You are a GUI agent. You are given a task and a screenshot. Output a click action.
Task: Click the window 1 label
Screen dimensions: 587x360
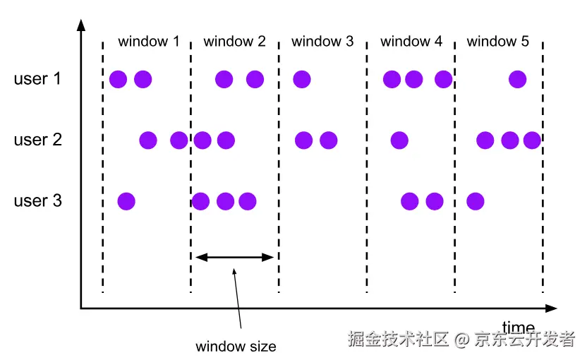tap(148, 41)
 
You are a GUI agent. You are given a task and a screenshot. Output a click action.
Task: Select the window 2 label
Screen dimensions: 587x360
tap(234, 41)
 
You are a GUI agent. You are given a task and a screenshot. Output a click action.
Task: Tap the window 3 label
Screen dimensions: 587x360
tap(322, 41)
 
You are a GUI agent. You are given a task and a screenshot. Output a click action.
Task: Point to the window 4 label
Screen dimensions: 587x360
tap(411, 41)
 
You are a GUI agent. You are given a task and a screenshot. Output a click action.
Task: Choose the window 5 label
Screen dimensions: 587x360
tap(497, 41)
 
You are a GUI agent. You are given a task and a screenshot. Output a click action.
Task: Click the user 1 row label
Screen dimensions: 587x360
tap(37, 78)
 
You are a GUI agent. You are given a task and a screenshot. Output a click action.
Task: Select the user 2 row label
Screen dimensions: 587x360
tap(37, 140)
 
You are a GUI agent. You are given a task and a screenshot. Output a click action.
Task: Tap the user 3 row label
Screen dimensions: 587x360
tap(37, 201)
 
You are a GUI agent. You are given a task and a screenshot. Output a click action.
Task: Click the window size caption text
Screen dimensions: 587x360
tap(236, 346)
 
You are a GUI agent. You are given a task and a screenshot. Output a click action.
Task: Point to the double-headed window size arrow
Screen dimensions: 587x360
tap(234, 257)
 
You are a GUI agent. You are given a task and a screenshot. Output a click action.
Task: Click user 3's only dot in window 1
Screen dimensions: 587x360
tap(126, 202)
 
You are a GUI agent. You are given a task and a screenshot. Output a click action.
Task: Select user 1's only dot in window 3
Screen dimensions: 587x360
tap(301, 79)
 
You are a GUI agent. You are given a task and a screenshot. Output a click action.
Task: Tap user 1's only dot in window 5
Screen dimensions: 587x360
tap(517, 79)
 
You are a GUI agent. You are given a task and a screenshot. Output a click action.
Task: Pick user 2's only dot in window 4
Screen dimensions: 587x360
tap(399, 140)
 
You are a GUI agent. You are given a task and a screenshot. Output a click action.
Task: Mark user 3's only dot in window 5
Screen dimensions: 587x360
tap(476, 202)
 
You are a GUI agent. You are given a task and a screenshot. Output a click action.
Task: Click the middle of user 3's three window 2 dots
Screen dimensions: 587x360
tap(225, 202)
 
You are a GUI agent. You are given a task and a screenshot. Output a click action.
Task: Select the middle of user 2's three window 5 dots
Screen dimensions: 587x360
tap(509, 140)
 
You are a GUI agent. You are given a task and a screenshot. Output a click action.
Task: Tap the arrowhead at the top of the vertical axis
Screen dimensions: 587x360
tap(81, 24)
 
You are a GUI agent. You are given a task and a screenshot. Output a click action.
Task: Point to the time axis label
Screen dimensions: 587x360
tap(518, 327)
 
